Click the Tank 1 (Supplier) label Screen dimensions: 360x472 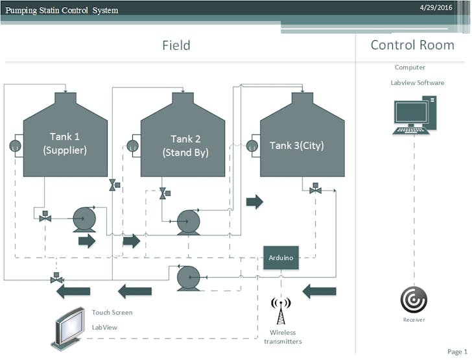click(65, 143)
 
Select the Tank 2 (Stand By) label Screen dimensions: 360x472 click(185, 146)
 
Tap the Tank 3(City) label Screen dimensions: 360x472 click(296, 145)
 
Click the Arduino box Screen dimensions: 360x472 click(281, 258)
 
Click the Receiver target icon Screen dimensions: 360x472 click(413, 300)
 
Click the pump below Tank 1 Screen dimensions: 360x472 click(83, 219)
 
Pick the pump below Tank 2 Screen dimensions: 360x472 click(188, 222)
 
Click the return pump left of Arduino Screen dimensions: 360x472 click(188, 277)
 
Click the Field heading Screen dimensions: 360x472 click(176, 45)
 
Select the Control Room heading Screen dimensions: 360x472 click(412, 45)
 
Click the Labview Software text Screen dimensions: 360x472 click(417, 83)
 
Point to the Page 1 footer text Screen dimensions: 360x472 click(457, 351)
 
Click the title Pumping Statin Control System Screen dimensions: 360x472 click(62, 10)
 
